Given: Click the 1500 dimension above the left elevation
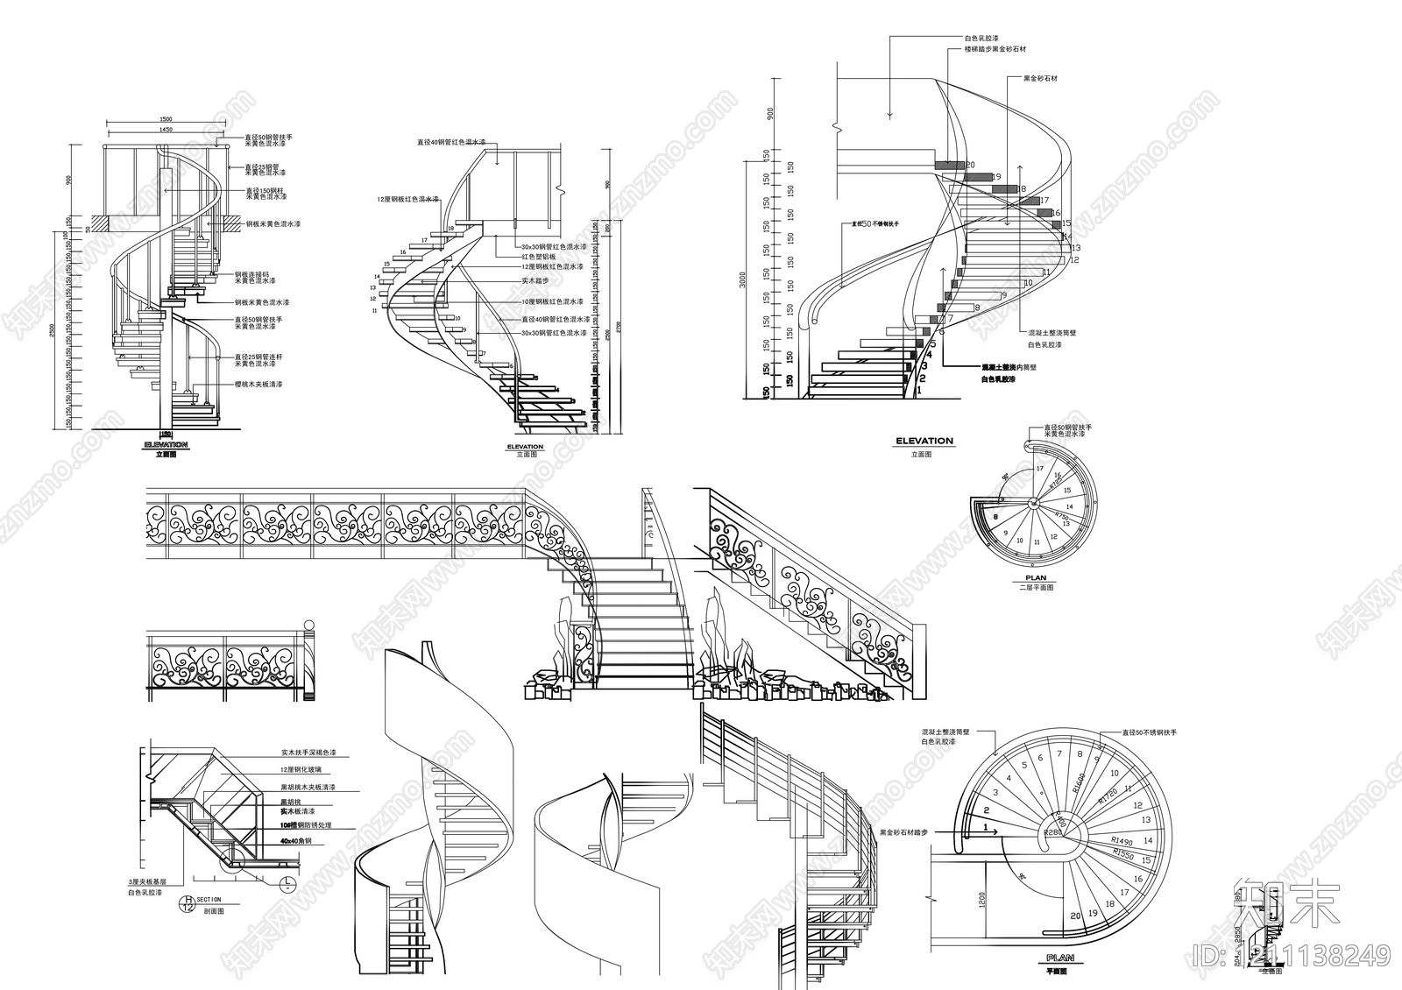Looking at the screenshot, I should pyautogui.click(x=166, y=119).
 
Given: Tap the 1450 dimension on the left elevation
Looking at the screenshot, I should pyautogui.click(x=166, y=130).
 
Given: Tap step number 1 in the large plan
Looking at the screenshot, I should pyautogui.click(x=986, y=826).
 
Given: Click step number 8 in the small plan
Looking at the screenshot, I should pyautogui.click(x=996, y=517).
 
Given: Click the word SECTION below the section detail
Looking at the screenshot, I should pyautogui.click(x=209, y=900).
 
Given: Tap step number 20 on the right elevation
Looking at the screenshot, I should pyautogui.click(x=970, y=165).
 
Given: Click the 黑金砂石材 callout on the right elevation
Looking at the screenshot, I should pyautogui.click(x=1040, y=78).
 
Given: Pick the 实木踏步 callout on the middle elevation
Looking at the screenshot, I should pyautogui.click(x=535, y=280).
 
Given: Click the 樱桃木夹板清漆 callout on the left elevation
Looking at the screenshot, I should pyautogui.click(x=258, y=385).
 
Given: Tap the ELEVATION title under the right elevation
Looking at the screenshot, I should pyautogui.click(x=924, y=441).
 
